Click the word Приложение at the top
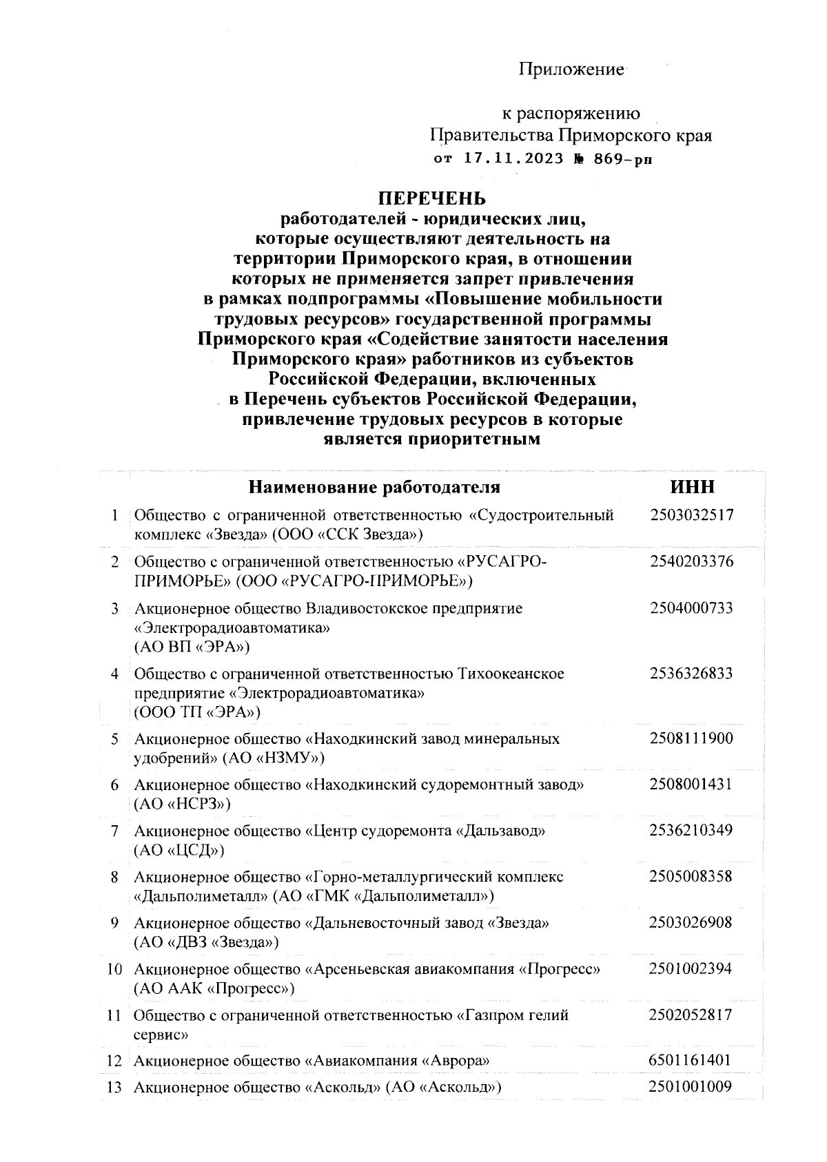[571, 70]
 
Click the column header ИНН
[692, 487]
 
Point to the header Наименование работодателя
[374, 488]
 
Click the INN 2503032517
[691, 515]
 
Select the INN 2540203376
[691, 561]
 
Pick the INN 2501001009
[690, 1087]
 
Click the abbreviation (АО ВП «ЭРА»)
[192, 647]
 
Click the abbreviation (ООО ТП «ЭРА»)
[198, 712]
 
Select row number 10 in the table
[114, 970]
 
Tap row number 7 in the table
[114, 831]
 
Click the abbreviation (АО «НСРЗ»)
[182, 804]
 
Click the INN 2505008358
[691, 877]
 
